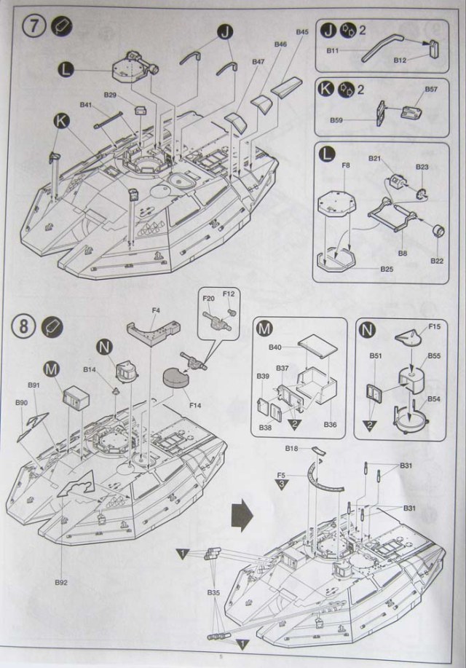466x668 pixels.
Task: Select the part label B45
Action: tap(302, 32)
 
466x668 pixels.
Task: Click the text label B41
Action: tap(86, 106)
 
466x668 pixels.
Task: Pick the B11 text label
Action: tap(333, 50)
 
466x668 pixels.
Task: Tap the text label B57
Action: tap(431, 90)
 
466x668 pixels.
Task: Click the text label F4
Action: tap(156, 311)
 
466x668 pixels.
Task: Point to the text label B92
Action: tap(60, 582)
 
